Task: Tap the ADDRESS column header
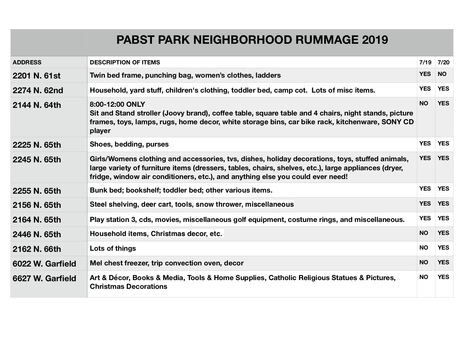(27, 62)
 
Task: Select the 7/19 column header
(425, 62)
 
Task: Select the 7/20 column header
(443, 62)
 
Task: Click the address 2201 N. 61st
(37, 76)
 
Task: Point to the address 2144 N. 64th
(37, 105)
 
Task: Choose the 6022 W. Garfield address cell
(44, 264)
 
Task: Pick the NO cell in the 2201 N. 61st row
(442, 74)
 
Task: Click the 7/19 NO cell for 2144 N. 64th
(424, 103)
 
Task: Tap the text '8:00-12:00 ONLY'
(117, 104)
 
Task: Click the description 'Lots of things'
(113, 248)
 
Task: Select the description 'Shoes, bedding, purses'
(129, 144)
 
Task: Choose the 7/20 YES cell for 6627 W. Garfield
(443, 277)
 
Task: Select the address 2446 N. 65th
(37, 234)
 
